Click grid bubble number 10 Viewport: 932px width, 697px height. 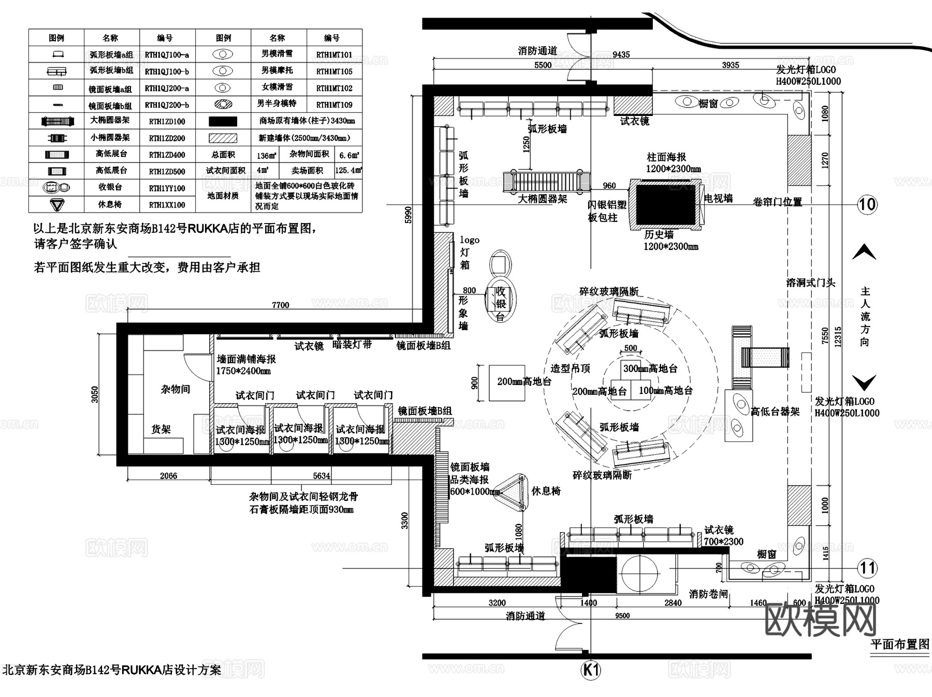pyautogui.click(x=867, y=204)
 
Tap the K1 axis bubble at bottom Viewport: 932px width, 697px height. pyautogui.click(x=591, y=671)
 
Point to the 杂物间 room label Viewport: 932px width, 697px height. pyautogui.click(x=176, y=389)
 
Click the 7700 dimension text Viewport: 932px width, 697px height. pyautogui.click(x=280, y=305)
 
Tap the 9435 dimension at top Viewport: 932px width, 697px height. pyautogui.click(x=621, y=54)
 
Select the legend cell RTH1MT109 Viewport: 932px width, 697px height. pyautogui.click(x=334, y=105)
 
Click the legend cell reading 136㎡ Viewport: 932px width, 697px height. pyautogui.click(x=266, y=155)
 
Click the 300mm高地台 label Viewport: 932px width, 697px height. pyautogui.click(x=650, y=368)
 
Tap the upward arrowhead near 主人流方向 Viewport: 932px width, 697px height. pyautogui.click(x=864, y=253)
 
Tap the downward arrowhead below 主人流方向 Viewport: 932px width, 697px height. pyautogui.click(x=864, y=383)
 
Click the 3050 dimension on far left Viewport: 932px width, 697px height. pyautogui.click(x=95, y=394)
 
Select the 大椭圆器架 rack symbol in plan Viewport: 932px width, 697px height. pyautogui.click(x=547, y=182)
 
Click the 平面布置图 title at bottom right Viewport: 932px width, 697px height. pyautogui.click(x=899, y=644)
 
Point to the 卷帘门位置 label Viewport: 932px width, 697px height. pyautogui.click(x=777, y=202)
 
